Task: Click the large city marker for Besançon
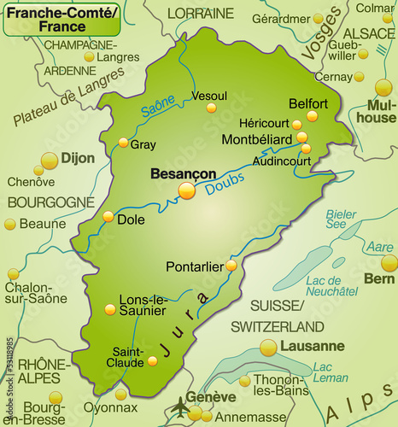(186, 190)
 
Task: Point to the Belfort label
(308, 102)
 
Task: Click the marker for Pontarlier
(231, 266)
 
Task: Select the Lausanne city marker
(268, 347)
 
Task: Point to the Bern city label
(379, 278)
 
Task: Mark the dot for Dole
(108, 217)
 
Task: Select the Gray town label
(143, 144)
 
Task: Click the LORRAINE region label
(200, 13)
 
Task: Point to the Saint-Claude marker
(152, 360)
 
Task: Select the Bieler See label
(342, 219)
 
